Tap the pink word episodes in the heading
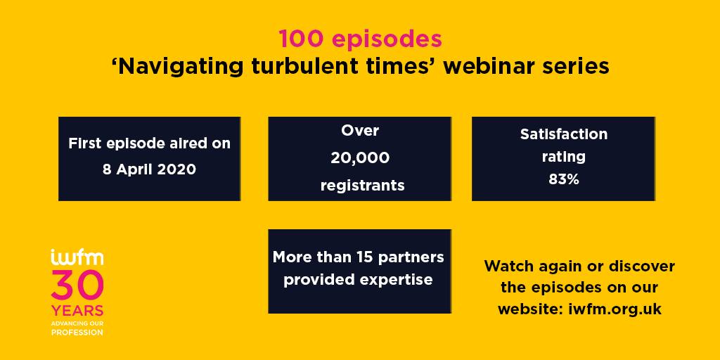click(x=387, y=40)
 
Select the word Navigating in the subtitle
click(x=180, y=67)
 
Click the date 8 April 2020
click(x=149, y=169)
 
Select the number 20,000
click(x=360, y=158)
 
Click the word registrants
click(x=362, y=186)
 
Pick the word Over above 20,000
click(x=360, y=130)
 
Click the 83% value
click(x=563, y=179)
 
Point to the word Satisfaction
click(x=563, y=134)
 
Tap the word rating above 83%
click(x=563, y=157)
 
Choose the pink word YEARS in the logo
click(x=77, y=311)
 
